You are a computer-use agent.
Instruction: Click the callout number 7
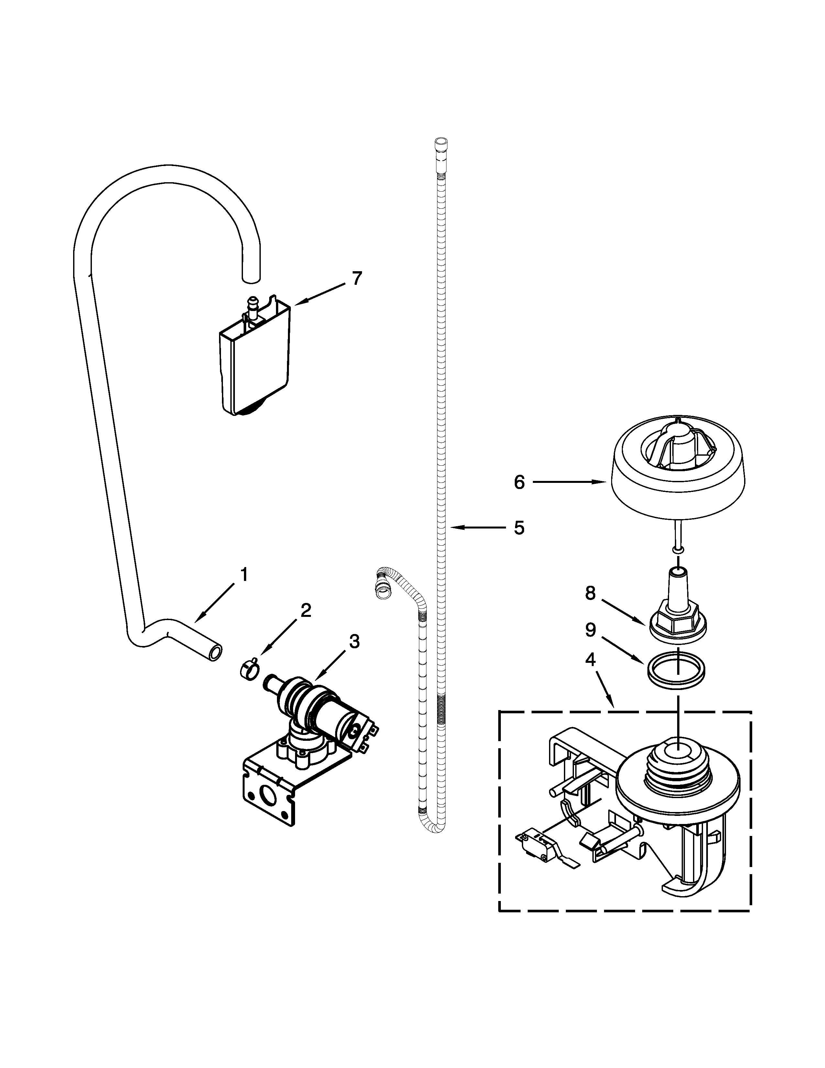tap(357, 279)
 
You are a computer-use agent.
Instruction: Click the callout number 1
tap(244, 574)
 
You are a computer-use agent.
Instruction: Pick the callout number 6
tap(519, 483)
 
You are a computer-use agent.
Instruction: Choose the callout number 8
tap(590, 593)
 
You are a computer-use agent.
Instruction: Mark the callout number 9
tap(590, 630)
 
